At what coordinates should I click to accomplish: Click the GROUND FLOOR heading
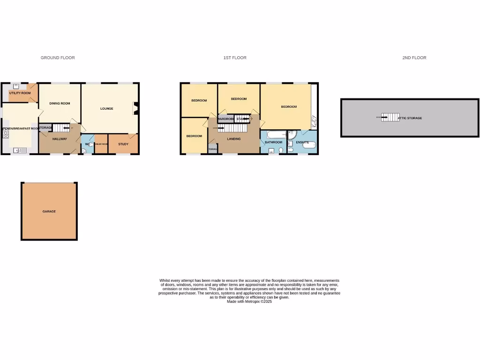pyautogui.click(x=58, y=58)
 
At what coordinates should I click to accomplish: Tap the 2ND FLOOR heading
pyautogui.click(x=414, y=58)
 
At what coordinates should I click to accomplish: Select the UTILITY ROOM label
pyautogui.click(x=20, y=93)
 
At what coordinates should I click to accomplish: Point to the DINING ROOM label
pyautogui.click(x=60, y=103)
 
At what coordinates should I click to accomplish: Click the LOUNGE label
pyautogui.click(x=107, y=108)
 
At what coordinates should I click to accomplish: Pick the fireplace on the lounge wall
pyautogui.click(x=136, y=109)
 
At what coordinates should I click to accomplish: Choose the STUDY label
pyautogui.click(x=123, y=144)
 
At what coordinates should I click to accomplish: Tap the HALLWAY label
pyautogui.click(x=60, y=139)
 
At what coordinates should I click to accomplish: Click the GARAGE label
pyautogui.click(x=49, y=211)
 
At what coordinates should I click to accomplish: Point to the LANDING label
pyautogui.click(x=233, y=139)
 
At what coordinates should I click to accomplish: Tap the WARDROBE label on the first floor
pyautogui.click(x=226, y=119)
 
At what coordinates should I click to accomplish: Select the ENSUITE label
pyautogui.click(x=302, y=142)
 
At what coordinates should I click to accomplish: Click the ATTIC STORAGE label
pyautogui.click(x=410, y=118)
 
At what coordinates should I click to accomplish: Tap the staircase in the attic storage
pyautogui.click(x=390, y=117)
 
